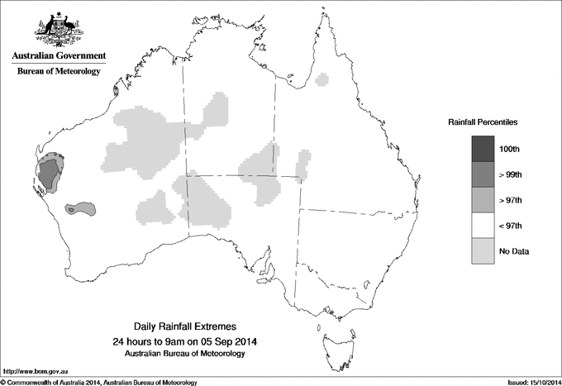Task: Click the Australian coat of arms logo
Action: [58, 29]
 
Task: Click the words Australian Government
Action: [58, 56]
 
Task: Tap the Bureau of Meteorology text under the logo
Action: [58, 72]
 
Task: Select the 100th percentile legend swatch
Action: [483, 149]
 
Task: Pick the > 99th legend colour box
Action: [483, 174]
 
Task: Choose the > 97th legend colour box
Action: [483, 200]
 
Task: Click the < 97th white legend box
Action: [483, 226]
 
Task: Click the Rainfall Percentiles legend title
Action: [483, 122]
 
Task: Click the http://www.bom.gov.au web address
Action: [32, 371]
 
